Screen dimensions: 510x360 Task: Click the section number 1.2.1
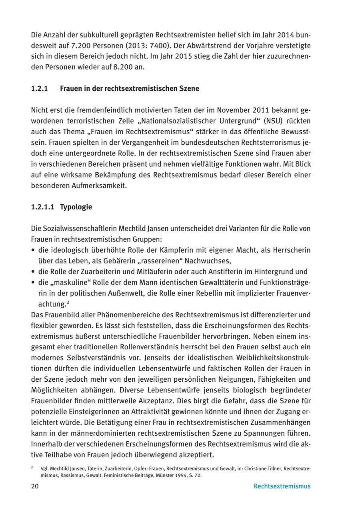click(39, 88)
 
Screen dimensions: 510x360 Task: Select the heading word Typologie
click(76, 207)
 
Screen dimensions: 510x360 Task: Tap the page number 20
click(35, 486)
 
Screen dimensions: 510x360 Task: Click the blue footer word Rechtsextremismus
click(282, 486)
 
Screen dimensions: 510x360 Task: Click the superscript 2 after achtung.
click(68, 302)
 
